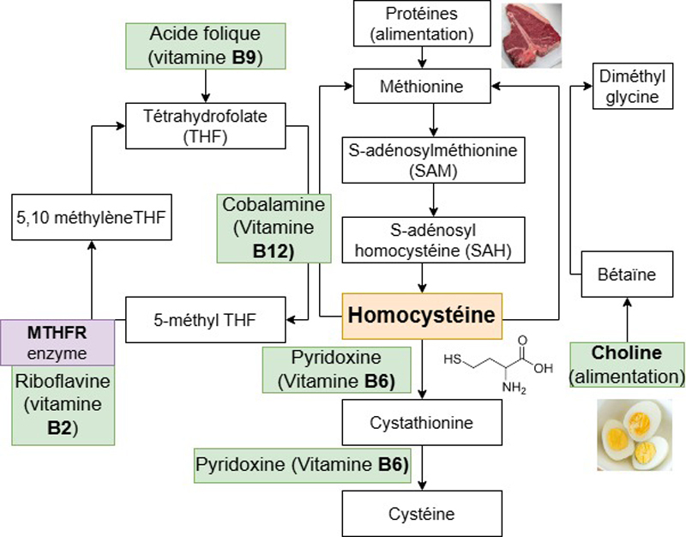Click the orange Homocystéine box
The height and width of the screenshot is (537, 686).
click(x=422, y=316)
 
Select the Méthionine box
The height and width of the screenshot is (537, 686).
click(x=422, y=87)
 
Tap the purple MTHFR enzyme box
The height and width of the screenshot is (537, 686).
click(x=57, y=342)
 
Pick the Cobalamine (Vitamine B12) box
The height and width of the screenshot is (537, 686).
click(x=274, y=228)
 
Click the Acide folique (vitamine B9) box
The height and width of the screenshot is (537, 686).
click(x=206, y=46)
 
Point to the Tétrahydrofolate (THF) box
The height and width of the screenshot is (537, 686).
click(x=206, y=126)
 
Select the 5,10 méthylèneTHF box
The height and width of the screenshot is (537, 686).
click(x=92, y=218)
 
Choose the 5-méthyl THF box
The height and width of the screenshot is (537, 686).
click(x=206, y=320)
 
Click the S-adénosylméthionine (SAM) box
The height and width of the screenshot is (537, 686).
click(x=434, y=160)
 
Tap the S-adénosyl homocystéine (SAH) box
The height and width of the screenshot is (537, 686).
click(x=434, y=240)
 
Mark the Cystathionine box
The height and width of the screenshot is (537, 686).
click(x=422, y=422)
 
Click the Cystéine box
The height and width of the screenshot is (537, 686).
click(x=422, y=514)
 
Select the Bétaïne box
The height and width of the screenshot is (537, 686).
click(x=627, y=275)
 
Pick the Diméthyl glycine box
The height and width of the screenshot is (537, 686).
click(x=633, y=87)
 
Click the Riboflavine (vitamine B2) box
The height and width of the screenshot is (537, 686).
click(x=63, y=405)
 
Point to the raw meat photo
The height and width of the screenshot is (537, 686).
click(x=531, y=35)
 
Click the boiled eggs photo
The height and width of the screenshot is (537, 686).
click(x=635, y=435)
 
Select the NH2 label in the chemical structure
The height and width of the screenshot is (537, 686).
click(x=514, y=388)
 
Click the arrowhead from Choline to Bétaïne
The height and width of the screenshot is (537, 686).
click(x=628, y=303)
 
